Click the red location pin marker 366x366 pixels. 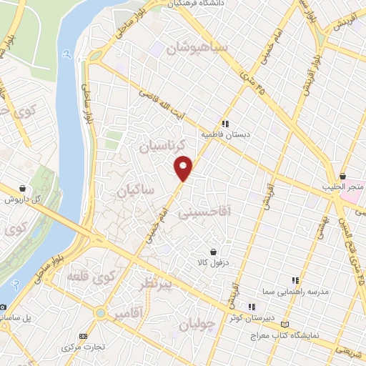click(184, 168)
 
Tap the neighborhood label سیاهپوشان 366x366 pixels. click(198, 49)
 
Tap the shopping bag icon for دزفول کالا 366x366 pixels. click(214, 252)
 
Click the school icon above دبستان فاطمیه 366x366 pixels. click(224, 122)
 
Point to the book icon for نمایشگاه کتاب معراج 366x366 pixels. click(287, 323)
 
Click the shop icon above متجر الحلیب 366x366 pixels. click(343, 176)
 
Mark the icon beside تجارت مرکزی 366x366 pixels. click(83, 336)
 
